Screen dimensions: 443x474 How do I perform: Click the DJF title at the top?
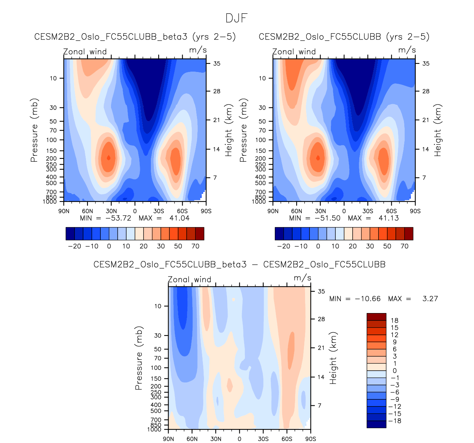tap(236, 18)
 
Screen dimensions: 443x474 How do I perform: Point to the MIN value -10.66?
tap(367, 299)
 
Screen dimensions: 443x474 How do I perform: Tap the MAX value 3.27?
tap(430, 299)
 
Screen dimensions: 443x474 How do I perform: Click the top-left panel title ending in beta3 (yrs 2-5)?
tap(135, 37)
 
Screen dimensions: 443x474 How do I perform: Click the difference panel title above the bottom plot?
tap(239, 265)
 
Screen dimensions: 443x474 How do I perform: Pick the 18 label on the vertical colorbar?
tap(395, 320)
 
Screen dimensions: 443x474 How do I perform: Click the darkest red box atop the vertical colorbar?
tap(376, 317)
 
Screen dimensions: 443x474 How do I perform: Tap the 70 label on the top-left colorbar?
tap(196, 246)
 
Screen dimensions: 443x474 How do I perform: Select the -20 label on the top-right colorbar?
tap(284, 246)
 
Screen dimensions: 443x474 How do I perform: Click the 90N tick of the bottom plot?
tap(169, 439)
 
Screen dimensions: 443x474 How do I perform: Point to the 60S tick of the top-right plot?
tap(391, 211)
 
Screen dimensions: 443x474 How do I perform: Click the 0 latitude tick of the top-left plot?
tap(135, 211)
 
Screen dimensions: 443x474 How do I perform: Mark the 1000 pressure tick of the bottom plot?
tap(156, 430)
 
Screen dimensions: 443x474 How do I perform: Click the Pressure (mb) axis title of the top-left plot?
tap(34, 130)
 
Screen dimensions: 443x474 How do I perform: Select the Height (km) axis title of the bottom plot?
tap(333, 358)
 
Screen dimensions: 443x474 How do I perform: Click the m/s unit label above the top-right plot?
tap(407, 50)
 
